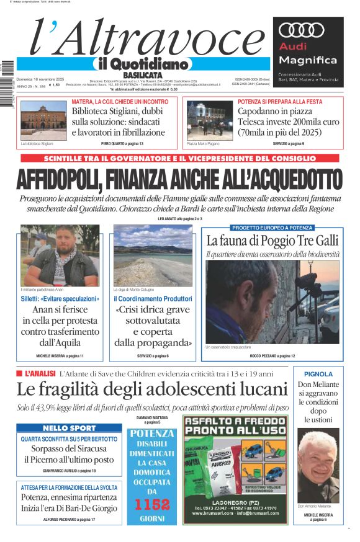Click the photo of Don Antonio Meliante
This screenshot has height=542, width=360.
(x=318, y=464)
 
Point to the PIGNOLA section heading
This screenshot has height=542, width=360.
(x=318, y=374)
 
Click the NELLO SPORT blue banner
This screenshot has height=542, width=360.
(x=70, y=428)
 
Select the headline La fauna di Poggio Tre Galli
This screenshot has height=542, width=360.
(x=272, y=241)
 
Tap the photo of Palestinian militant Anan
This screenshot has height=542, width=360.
(x=59, y=256)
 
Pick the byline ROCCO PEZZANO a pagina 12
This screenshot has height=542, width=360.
(x=272, y=356)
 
